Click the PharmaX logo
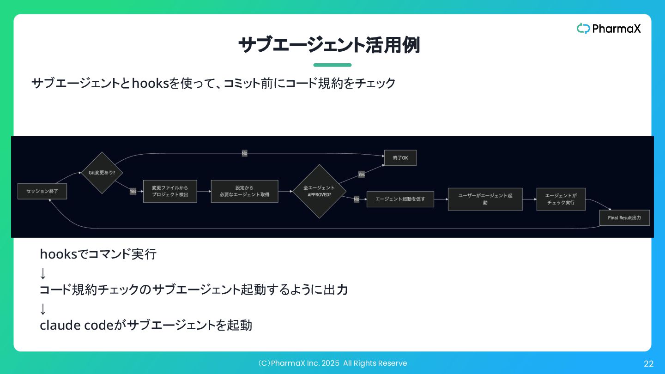coord(609,29)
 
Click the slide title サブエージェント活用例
coord(329,45)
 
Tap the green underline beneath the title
coord(332,65)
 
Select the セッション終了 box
coord(42,191)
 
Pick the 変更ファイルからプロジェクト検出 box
coord(170,191)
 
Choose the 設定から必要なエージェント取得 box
coord(244,191)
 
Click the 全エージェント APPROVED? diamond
coord(319,191)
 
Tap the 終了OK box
coord(400,158)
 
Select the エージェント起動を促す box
coord(400,199)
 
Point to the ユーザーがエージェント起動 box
coord(485,199)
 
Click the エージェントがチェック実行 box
coord(561,199)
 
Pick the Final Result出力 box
coord(624,217)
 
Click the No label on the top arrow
coord(244,153)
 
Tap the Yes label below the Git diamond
coord(133,191)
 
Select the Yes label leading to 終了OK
coord(361,174)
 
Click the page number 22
coord(648,364)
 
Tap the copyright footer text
coord(332,363)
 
